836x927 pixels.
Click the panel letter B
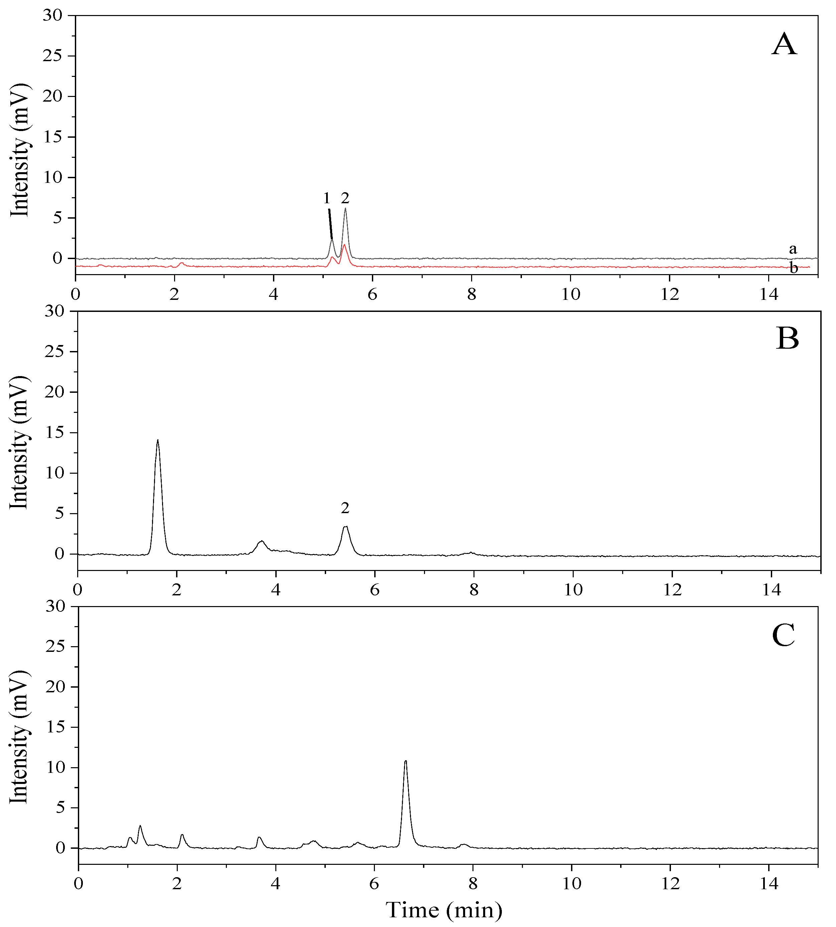(787, 340)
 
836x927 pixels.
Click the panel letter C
(784, 635)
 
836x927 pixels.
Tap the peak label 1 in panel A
(326, 199)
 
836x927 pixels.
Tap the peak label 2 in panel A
(345, 198)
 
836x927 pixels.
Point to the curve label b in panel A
(793, 268)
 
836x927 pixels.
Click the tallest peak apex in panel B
(158, 440)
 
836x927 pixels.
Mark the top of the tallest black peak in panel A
(345, 209)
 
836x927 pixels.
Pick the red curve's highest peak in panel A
(344, 244)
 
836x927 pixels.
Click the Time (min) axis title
(444, 910)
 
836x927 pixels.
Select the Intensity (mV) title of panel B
(19, 442)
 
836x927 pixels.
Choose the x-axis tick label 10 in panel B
(573, 590)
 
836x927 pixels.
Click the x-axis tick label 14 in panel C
(769, 884)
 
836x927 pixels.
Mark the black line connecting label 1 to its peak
(330, 224)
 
